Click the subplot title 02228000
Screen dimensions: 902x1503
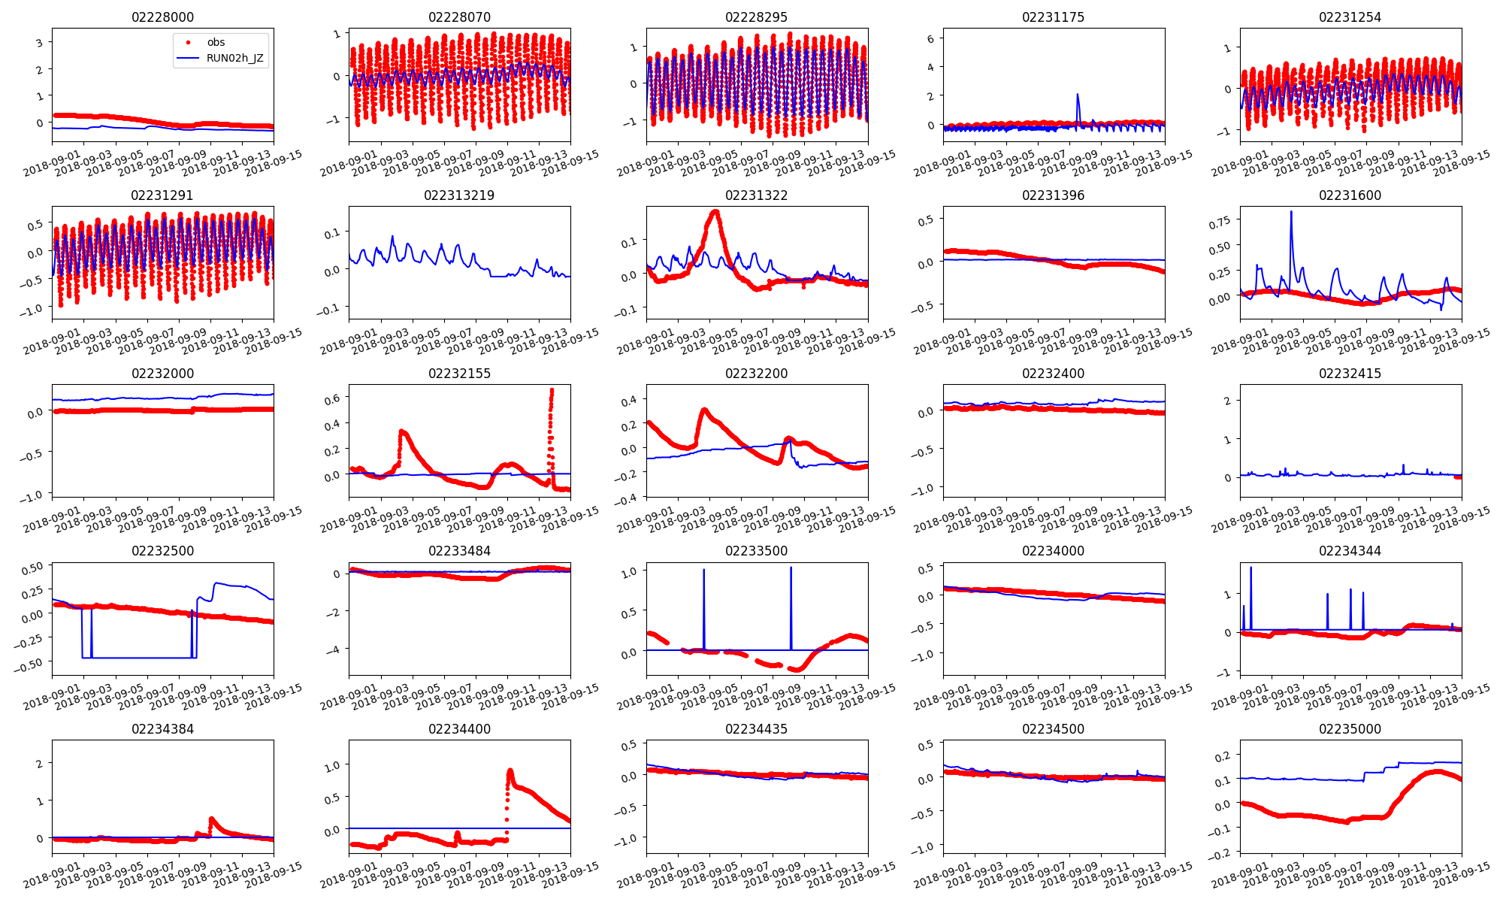162,17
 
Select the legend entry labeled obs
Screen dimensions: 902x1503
216,43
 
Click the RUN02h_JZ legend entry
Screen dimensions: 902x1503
234,58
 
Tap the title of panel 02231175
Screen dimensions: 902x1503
1053,17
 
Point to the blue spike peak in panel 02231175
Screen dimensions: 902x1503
1078,95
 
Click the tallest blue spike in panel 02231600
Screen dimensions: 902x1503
1291,212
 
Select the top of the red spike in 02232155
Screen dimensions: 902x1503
552,389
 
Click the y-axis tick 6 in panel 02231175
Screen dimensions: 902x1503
930,39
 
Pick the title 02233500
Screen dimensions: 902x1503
756,551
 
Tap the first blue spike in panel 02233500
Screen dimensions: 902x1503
704,570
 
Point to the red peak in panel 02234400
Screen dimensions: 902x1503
510,770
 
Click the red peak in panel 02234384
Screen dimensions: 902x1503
211,819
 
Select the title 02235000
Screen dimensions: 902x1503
1350,729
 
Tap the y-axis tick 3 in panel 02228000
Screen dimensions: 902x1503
39,43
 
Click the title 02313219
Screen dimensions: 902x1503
459,195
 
